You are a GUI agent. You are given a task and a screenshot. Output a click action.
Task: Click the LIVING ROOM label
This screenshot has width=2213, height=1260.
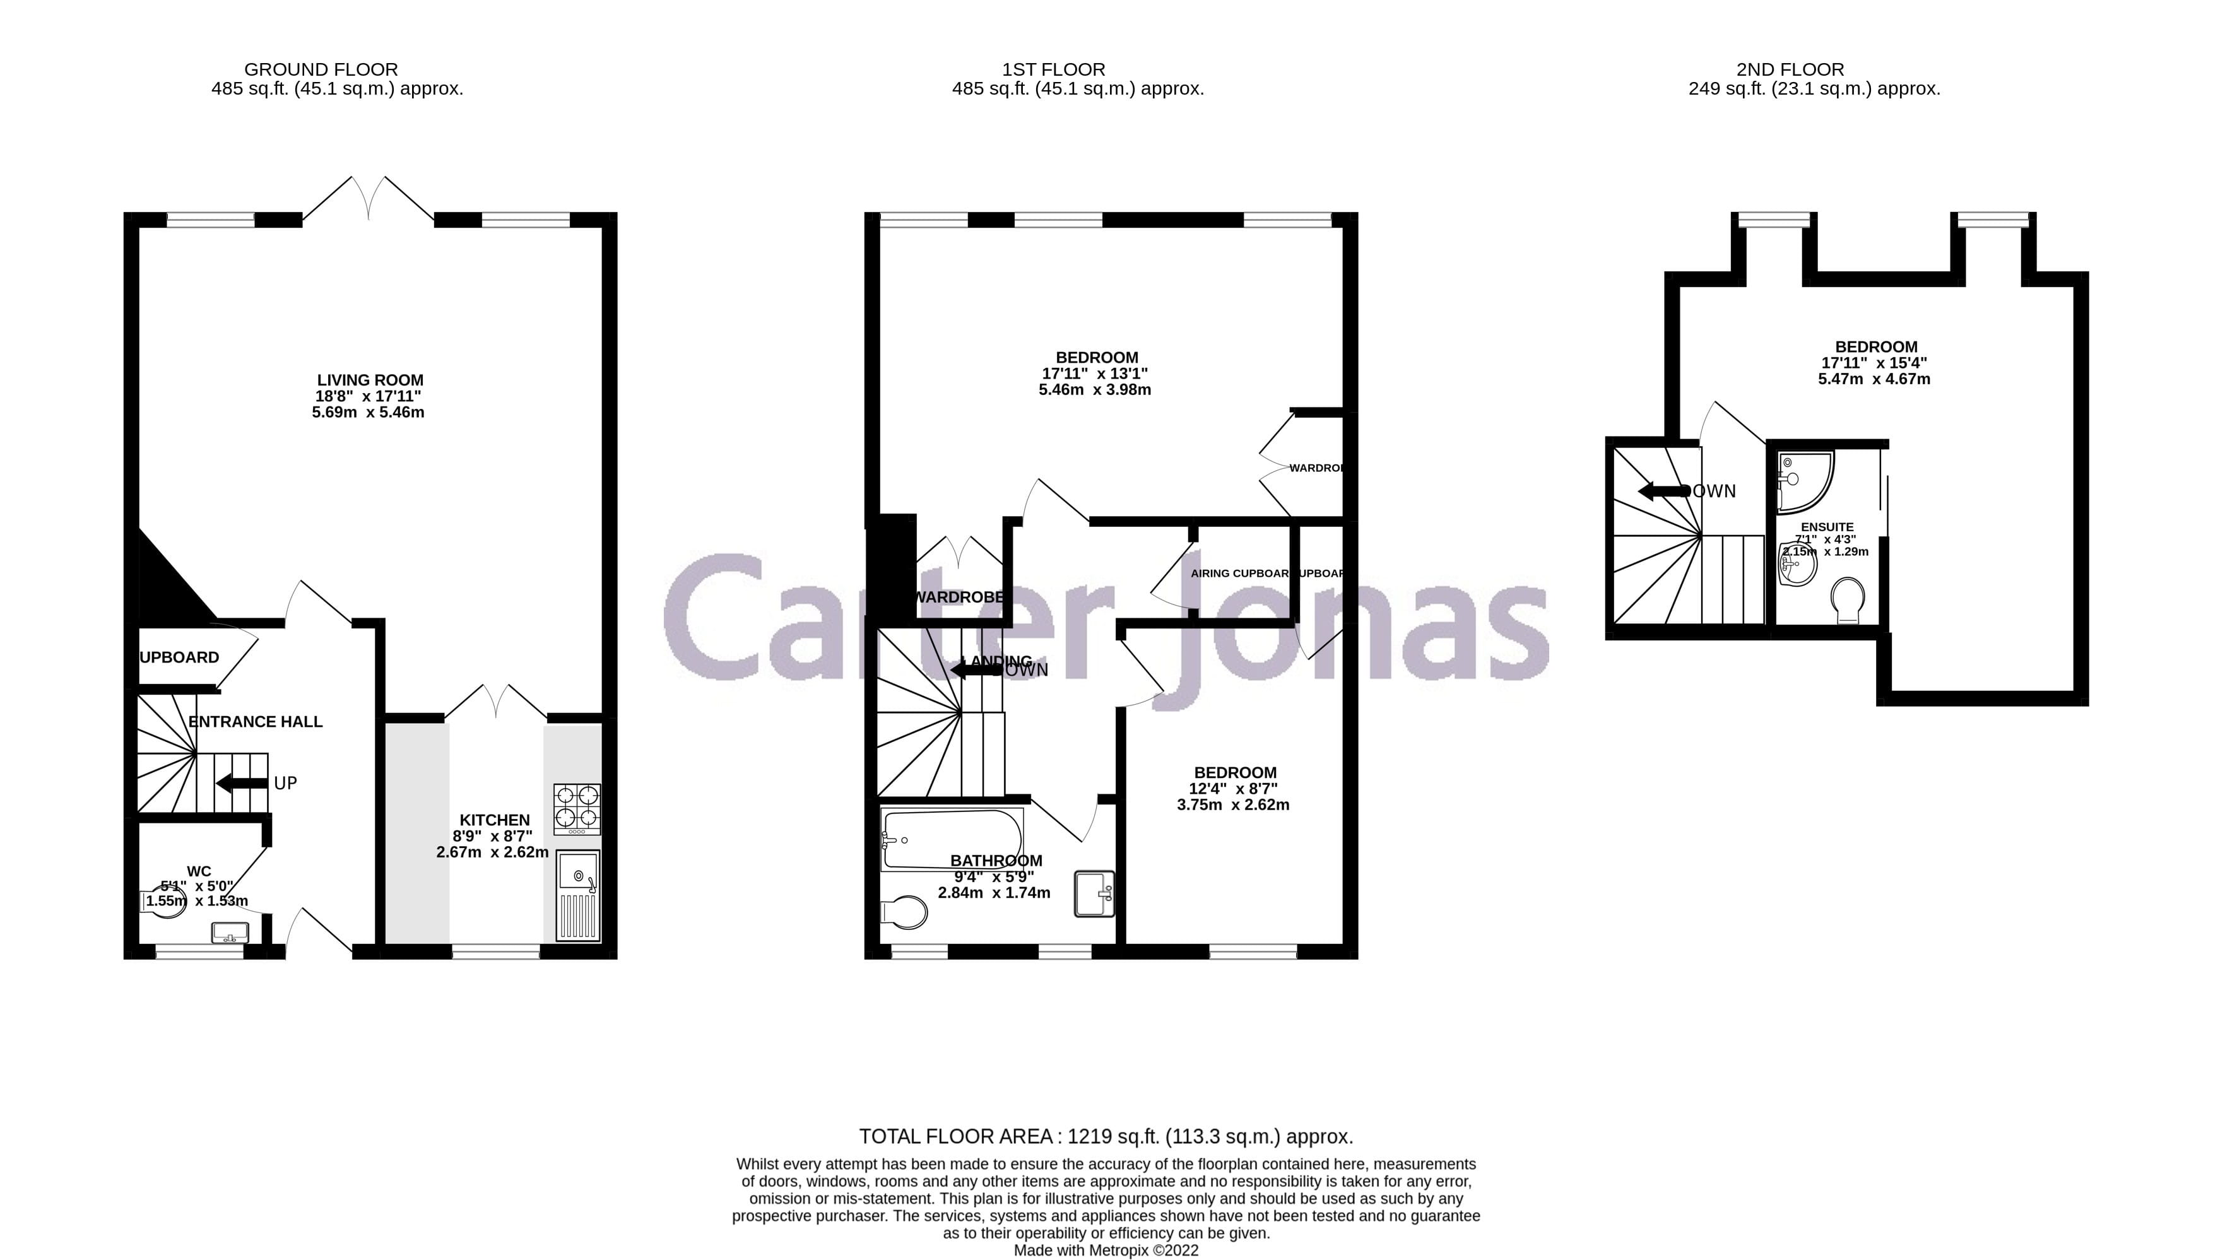coord(370,380)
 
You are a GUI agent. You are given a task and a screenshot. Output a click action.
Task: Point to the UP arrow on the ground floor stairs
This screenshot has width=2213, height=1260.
coord(242,783)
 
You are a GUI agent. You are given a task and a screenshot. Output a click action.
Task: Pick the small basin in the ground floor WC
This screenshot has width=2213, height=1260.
coord(230,933)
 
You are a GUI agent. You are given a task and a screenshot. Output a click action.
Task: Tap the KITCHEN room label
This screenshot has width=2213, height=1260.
coord(494,820)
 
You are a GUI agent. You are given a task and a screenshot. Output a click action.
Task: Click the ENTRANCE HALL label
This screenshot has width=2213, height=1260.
coord(256,722)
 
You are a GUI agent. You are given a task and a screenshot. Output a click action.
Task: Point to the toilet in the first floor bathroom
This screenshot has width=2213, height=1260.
coord(904,911)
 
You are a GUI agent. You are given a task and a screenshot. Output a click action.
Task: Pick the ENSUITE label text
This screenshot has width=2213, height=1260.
coord(1827,527)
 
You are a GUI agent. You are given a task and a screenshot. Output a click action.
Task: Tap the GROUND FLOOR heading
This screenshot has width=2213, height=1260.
coord(321,69)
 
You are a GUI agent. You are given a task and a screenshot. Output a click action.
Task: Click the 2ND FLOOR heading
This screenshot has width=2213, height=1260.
coord(1790,69)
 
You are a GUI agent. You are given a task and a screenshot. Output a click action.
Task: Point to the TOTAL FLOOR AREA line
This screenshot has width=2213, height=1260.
coord(1105,1136)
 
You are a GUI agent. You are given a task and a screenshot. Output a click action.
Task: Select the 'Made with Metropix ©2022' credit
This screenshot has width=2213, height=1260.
coord(1105,1251)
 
